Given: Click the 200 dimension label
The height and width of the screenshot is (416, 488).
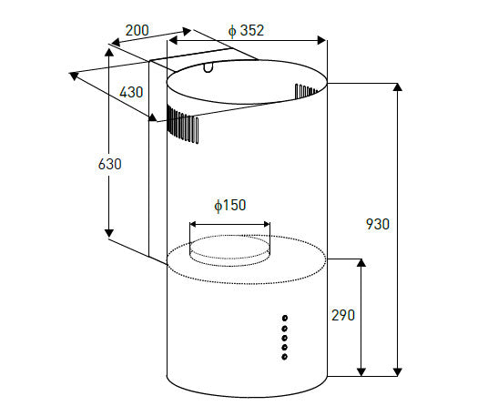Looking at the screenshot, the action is point(137,30).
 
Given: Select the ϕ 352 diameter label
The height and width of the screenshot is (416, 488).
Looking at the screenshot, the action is point(246,30).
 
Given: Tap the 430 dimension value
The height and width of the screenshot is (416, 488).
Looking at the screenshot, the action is point(131,92).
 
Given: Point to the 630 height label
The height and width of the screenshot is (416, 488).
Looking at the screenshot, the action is point(109,164).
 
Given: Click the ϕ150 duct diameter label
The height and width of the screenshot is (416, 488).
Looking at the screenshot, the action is point(230,206).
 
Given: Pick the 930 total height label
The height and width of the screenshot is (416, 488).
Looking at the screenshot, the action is point(378,224).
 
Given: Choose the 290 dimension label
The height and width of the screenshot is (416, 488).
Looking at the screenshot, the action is point(343,315).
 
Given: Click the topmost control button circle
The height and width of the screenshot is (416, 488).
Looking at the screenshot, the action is point(285,318).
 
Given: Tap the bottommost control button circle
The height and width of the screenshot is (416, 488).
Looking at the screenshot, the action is point(284,357).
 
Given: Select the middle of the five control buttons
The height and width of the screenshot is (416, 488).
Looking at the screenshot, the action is point(284,338).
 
